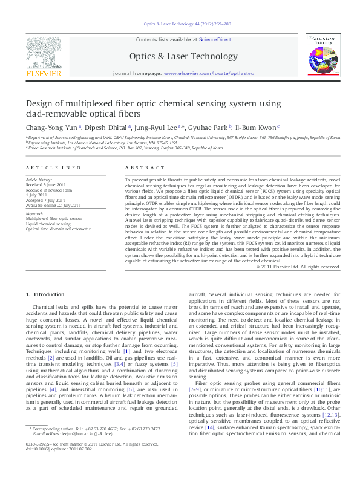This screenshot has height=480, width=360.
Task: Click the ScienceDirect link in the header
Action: pos(215,39)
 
